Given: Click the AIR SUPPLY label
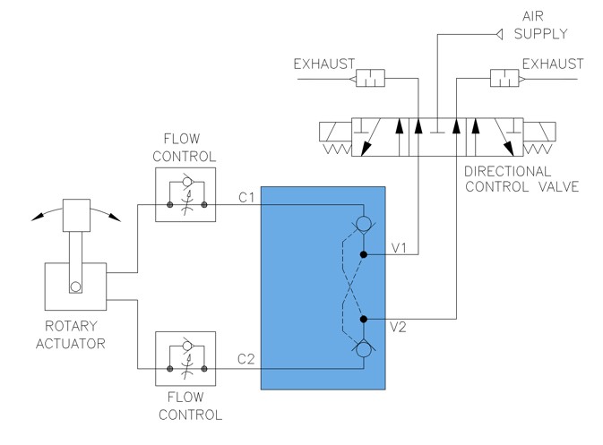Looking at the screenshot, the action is point(540,25).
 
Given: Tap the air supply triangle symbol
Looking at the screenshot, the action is point(499,35).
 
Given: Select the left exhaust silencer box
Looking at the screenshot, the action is point(370,79).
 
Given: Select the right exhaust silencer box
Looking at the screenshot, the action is point(504,79).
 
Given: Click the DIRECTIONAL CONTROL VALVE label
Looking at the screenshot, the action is point(521,179).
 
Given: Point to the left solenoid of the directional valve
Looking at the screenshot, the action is point(335,132).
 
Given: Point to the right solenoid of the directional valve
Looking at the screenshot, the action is point(539,132).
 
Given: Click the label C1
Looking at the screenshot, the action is point(246,198).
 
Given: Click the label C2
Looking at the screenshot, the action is point(246,359).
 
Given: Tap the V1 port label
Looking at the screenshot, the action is point(399,248).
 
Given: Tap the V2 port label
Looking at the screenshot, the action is point(398,327).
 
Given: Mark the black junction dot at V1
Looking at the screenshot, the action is point(364,254).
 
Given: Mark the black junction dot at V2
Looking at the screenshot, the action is point(364,319).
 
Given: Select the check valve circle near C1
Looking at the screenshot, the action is point(364,223).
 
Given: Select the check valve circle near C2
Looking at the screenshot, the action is point(364,349).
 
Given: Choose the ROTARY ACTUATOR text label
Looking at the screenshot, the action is point(71,335).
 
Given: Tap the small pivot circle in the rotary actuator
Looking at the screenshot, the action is point(75,287).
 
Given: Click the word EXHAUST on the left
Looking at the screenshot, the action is point(324,64).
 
